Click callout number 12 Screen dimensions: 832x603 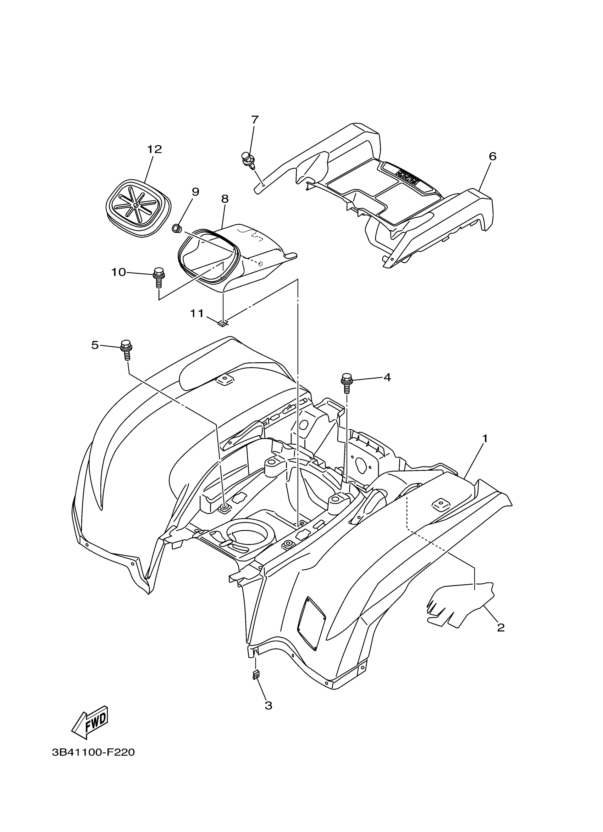tap(155, 149)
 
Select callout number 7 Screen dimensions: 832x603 tap(255, 119)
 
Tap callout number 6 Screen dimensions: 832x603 tap(493, 156)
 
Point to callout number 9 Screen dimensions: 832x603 tap(195, 191)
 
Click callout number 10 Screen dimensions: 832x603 tap(118, 272)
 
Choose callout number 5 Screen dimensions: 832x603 tap(95, 345)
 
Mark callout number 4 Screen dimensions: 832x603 tap(387, 377)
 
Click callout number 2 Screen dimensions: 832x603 tap(500, 628)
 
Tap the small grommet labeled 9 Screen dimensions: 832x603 tap(177, 229)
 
